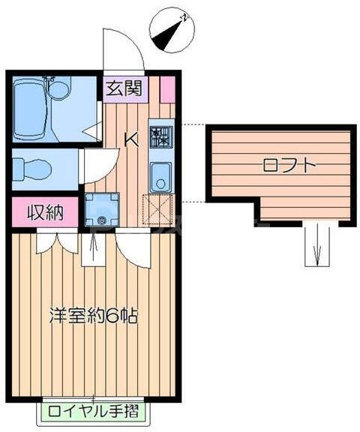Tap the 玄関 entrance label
123,88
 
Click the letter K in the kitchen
130,139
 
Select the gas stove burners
161,136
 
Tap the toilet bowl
30,166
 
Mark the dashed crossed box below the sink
160,209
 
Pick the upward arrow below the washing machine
93,249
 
